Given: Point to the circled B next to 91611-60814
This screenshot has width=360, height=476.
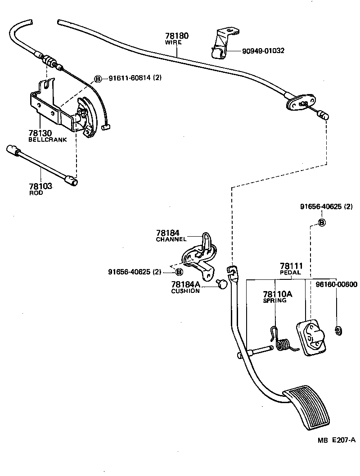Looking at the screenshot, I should (98, 78).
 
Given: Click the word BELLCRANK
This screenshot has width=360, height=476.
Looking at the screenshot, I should (48, 140).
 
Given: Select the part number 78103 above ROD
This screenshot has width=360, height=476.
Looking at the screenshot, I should (40, 186).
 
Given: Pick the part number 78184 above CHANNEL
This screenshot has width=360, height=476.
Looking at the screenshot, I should (168, 233).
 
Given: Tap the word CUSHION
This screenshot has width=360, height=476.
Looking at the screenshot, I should (185, 291).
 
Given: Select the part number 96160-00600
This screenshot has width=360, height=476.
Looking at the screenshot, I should (336, 284).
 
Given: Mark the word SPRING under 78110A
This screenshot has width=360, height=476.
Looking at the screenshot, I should (274, 300).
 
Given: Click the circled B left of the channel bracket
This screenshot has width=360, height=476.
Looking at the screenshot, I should (179, 272).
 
